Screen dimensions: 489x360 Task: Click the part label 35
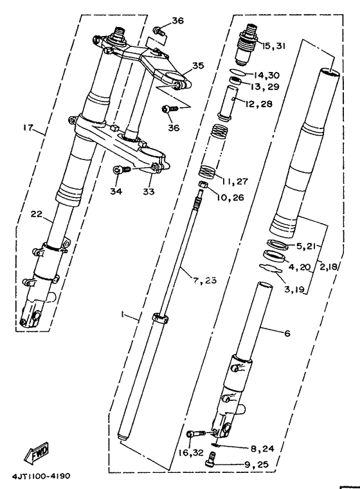point(197,65)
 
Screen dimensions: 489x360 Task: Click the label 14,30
point(269,75)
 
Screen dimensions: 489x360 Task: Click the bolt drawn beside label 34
point(120,170)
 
